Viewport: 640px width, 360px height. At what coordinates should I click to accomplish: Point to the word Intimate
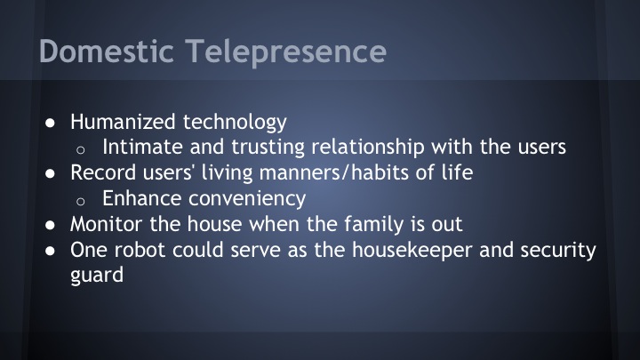(x=140, y=148)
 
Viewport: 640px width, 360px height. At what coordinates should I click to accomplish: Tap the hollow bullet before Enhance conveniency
(x=84, y=201)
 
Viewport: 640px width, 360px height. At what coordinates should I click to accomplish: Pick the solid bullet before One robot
(x=52, y=252)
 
